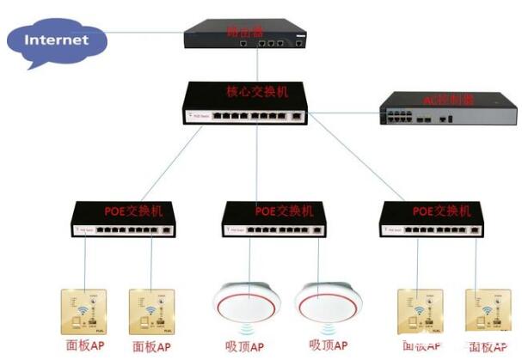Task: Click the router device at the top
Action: point(246,35)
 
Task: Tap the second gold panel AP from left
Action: point(153,310)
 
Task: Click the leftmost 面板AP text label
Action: point(87,346)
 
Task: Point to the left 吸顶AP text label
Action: point(246,345)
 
